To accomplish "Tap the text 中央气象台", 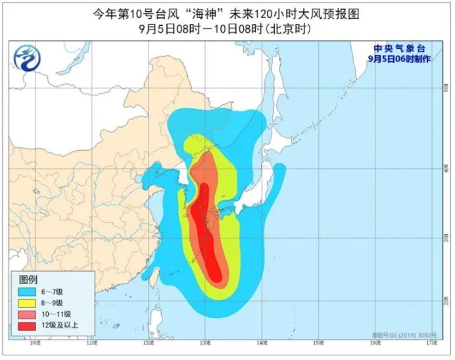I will [x=400, y=49].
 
